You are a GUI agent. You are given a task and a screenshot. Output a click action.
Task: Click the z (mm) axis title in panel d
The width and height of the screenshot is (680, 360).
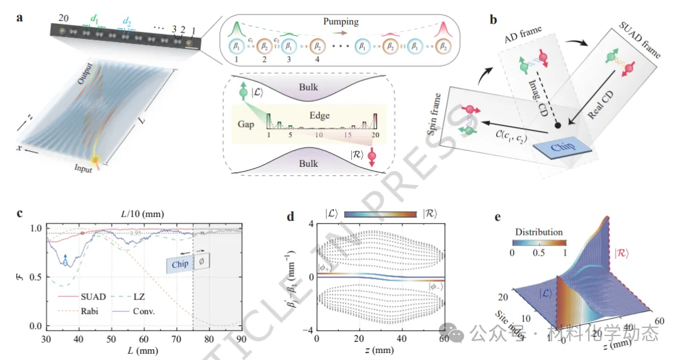[x=379, y=350]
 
